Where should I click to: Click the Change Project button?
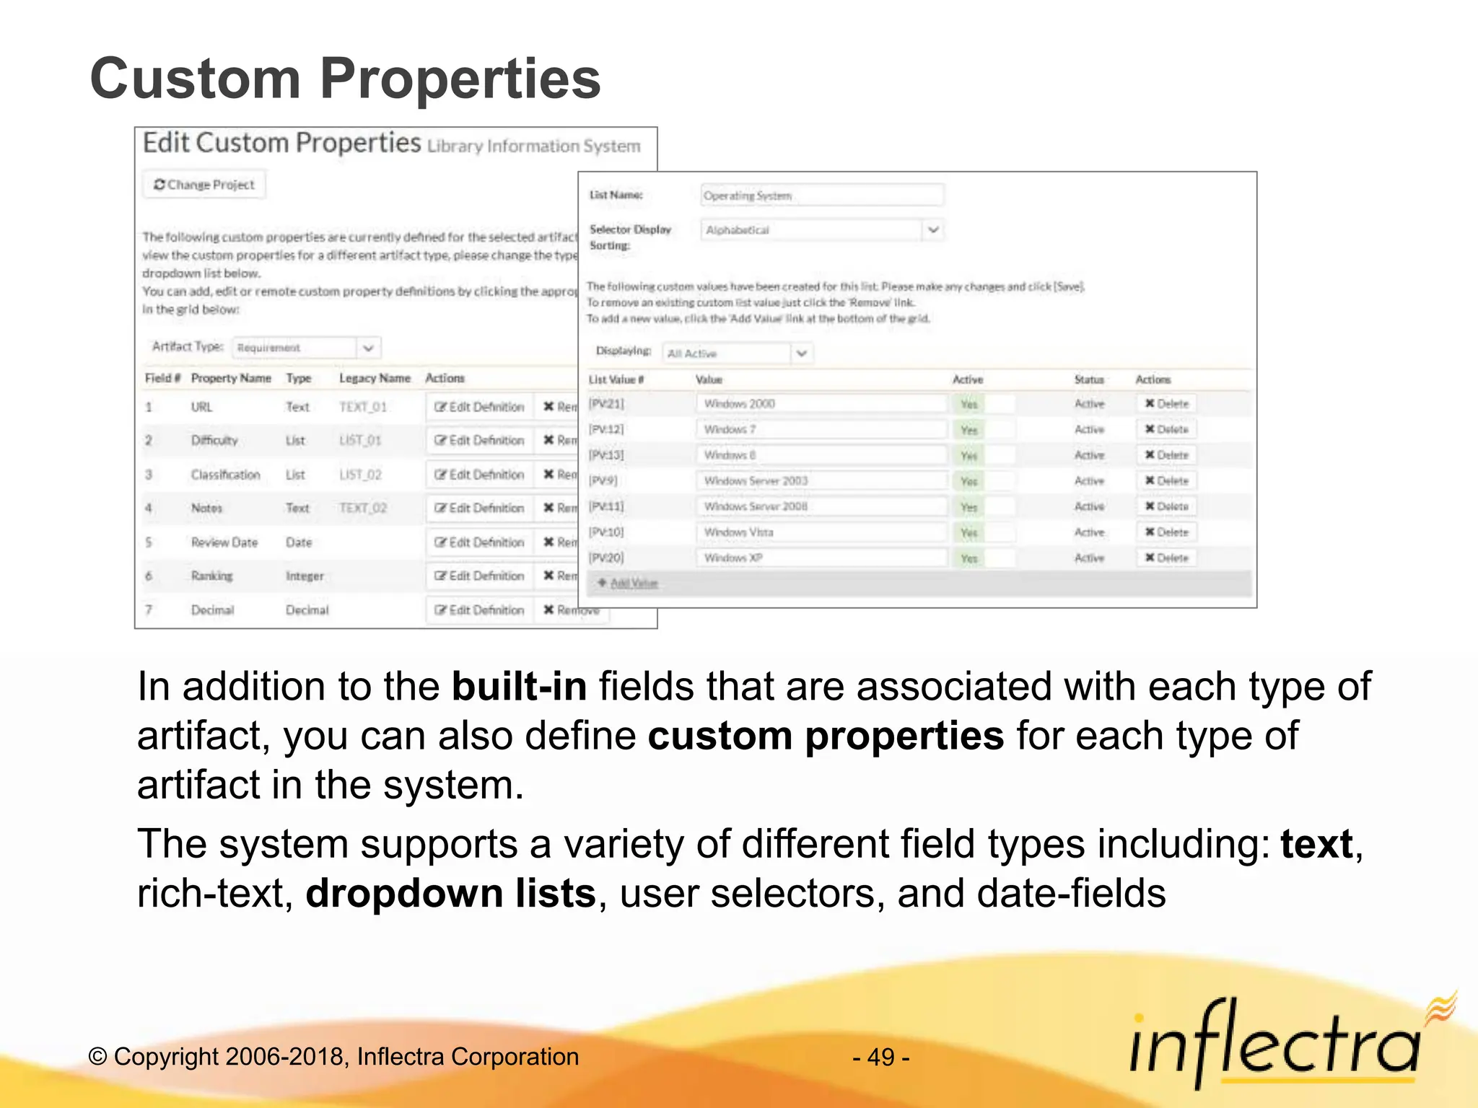tap(204, 185)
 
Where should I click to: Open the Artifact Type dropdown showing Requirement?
tap(307, 348)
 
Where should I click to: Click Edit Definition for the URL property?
tap(479, 407)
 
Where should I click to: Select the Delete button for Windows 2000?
tap(1167, 404)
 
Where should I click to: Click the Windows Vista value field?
tap(821, 532)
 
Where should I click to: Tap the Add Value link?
tap(633, 583)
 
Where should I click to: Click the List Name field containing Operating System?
tap(821, 195)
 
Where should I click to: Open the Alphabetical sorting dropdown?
tap(821, 230)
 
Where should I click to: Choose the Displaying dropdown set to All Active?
tap(737, 353)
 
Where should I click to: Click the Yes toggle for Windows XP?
tap(969, 558)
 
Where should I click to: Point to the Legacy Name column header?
tap(375, 378)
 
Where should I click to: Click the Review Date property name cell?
tap(224, 542)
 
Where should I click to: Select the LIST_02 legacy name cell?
tap(360, 475)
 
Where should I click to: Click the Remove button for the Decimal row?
tap(572, 610)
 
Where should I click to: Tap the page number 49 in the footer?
tap(880, 1058)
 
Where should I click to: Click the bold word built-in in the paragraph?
tap(519, 686)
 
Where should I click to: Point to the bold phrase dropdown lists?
tap(450, 893)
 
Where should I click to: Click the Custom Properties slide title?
tap(345, 79)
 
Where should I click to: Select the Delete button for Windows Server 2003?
tap(1167, 481)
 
